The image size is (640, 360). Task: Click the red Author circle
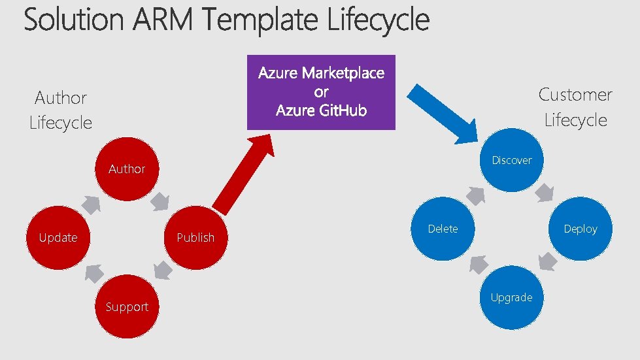click(x=127, y=169)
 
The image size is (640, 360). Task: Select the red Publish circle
click(x=195, y=237)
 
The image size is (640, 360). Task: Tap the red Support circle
click(x=127, y=306)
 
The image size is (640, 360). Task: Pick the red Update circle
click(x=58, y=237)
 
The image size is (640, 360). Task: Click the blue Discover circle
click(x=511, y=160)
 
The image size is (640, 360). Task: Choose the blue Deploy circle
click(x=580, y=229)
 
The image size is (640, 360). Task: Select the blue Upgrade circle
click(x=511, y=297)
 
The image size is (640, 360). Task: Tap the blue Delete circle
click(x=443, y=229)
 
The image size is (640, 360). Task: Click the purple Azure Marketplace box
click(x=321, y=92)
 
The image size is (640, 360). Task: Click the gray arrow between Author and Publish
click(x=161, y=202)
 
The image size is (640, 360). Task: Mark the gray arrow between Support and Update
click(x=93, y=271)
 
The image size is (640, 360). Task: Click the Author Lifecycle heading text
click(x=61, y=110)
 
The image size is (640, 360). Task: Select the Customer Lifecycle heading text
click(x=575, y=107)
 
